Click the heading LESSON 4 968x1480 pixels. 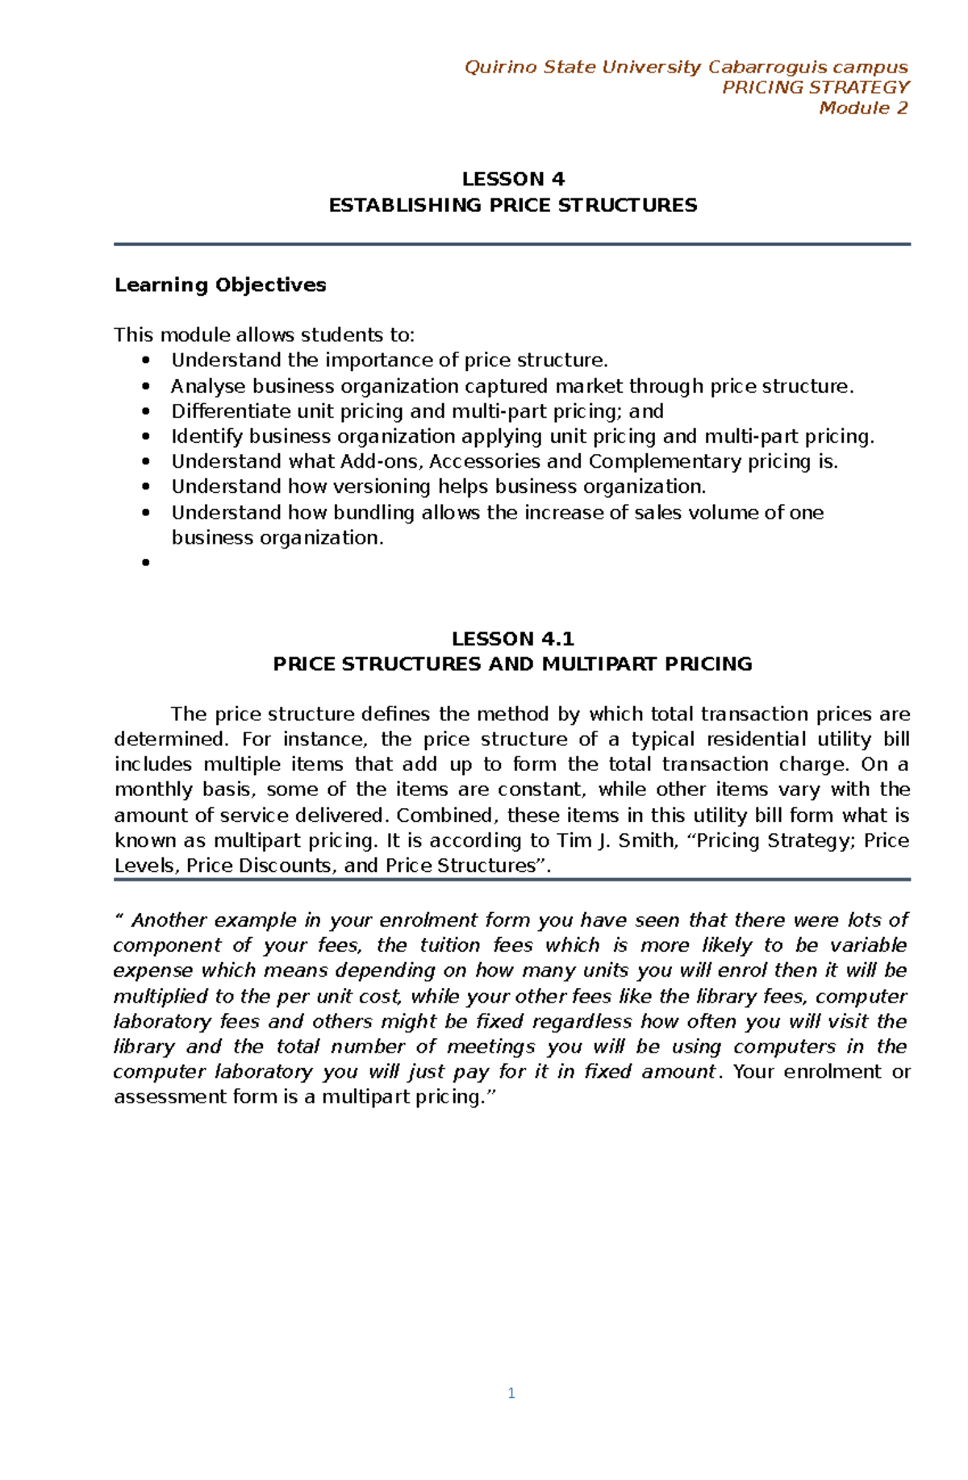pos(513,179)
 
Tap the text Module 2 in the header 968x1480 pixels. pos(863,108)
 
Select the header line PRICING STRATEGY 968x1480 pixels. pos(816,87)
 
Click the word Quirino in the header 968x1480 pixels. pos(500,67)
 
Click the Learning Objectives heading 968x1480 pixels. pos(220,285)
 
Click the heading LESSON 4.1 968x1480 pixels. pos(513,639)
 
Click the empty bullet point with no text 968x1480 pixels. pos(146,563)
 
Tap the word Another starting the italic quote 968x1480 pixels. pos(170,920)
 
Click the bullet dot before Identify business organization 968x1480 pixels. pos(146,436)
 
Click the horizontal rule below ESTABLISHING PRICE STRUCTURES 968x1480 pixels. pos(512,244)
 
